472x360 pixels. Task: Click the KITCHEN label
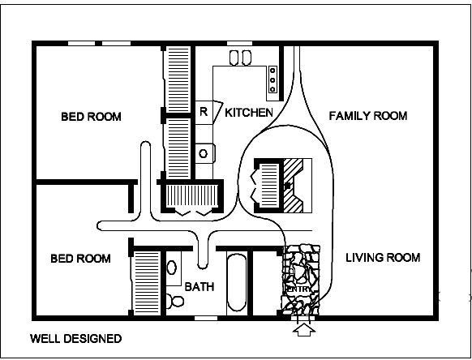(x=249, y=113)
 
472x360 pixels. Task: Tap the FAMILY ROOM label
(x=368, y=116)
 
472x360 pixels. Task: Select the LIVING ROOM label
(x=383, y=258)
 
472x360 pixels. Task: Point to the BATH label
(x=200, y=287)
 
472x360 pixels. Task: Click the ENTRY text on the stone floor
(x=299, y=289)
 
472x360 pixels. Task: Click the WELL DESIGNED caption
(x=76, y=339)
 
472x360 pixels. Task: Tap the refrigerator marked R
(x=204, y=112)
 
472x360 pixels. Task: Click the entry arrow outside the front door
(x=304, y=329)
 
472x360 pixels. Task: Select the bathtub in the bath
(x=237, y=283)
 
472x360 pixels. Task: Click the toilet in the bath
(x=175, y=301)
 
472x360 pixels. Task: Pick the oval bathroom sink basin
(x=172, y=268)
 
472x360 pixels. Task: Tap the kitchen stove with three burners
(x=272, y=79)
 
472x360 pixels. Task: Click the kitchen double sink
(x=241, y=58)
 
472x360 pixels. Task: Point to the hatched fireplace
(x=294, y=186)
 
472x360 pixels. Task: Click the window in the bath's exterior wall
(x=206, y=318)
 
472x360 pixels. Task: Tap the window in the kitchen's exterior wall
(x=239, y=43)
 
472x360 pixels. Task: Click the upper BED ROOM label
(x=91, y=117)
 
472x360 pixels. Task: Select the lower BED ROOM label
(x=80, y=259)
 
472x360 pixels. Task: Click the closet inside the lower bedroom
(x=147, y=283)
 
